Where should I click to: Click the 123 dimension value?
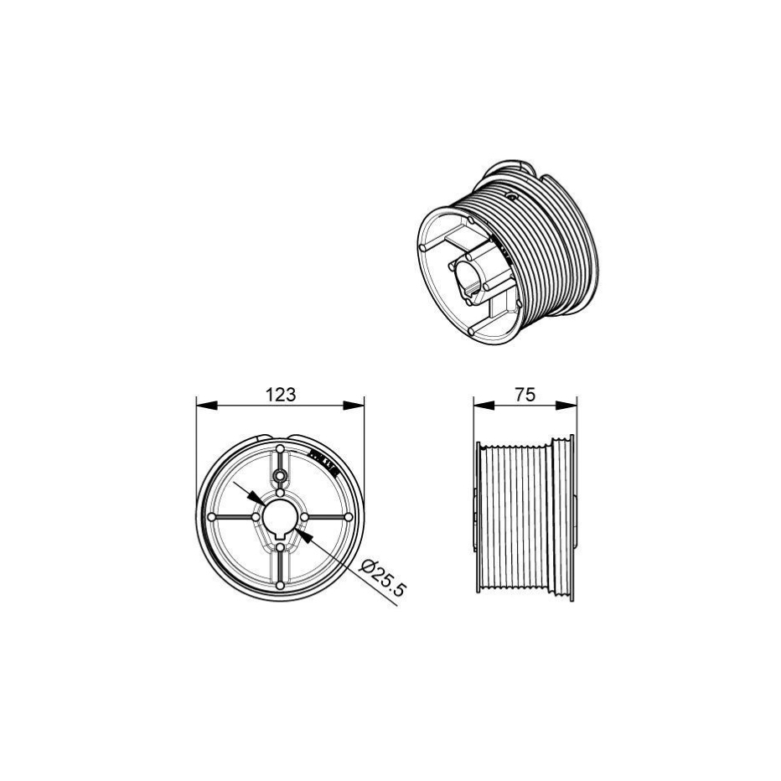tap(281, 395)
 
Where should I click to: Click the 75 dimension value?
tap(525, 395)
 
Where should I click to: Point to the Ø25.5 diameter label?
tap(384, 577)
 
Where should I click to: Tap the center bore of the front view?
tap(280, 518)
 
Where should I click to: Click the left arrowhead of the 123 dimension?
tap(207, 406)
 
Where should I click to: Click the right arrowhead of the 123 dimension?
tap(353, 406)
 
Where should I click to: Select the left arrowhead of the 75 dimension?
tap(484, 406)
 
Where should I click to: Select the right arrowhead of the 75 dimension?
tap(566, 406)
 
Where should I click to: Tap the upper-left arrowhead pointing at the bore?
tap(257, 498)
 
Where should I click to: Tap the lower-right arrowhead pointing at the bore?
tap(304, 536)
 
